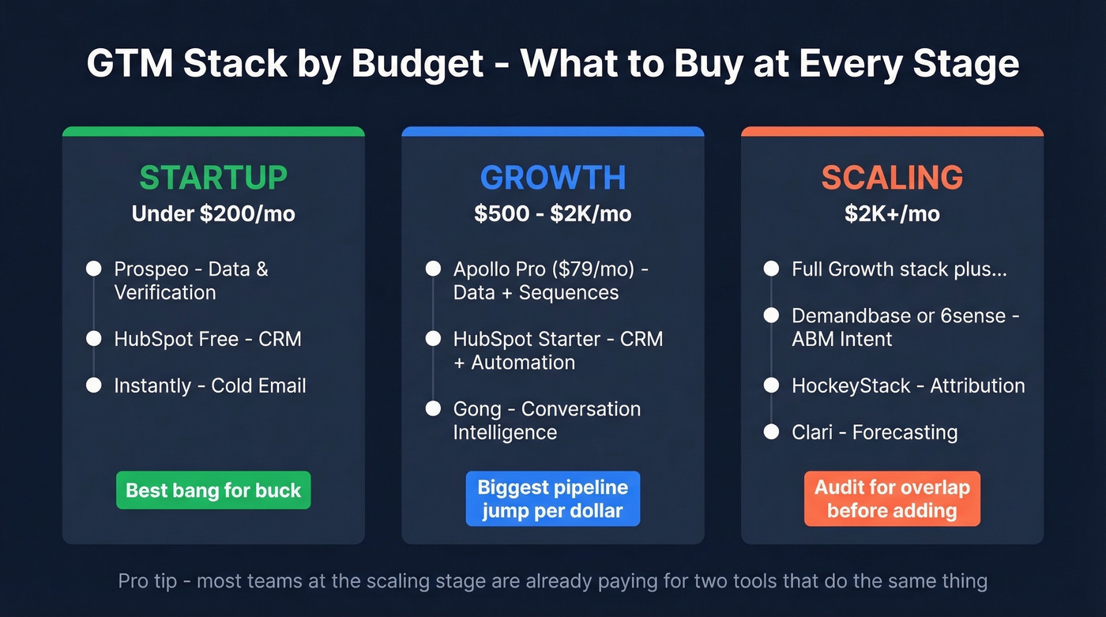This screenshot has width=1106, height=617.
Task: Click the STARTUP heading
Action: point(213,178)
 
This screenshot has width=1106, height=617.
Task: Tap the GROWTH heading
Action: point(553,178)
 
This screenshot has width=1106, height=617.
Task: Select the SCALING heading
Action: point(892,178)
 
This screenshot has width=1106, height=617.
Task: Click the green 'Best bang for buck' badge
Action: point(213,491)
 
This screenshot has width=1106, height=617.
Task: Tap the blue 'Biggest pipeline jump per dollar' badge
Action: point(553,498)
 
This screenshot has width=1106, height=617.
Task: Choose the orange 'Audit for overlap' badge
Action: point(892,498)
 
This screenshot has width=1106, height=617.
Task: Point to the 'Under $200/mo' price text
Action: point(213,214)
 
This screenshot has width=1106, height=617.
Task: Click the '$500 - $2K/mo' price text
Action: point(553,214)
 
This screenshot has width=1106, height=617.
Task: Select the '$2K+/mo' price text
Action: point(892,214)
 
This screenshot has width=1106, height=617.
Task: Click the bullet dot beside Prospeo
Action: point(94,269)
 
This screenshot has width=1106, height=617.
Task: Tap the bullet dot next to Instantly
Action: point(94,386)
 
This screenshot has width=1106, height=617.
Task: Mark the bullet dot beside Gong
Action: point(433,409)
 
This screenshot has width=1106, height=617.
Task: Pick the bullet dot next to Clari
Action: point(772,432)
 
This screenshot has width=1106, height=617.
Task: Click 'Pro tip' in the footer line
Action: point(148,582)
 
